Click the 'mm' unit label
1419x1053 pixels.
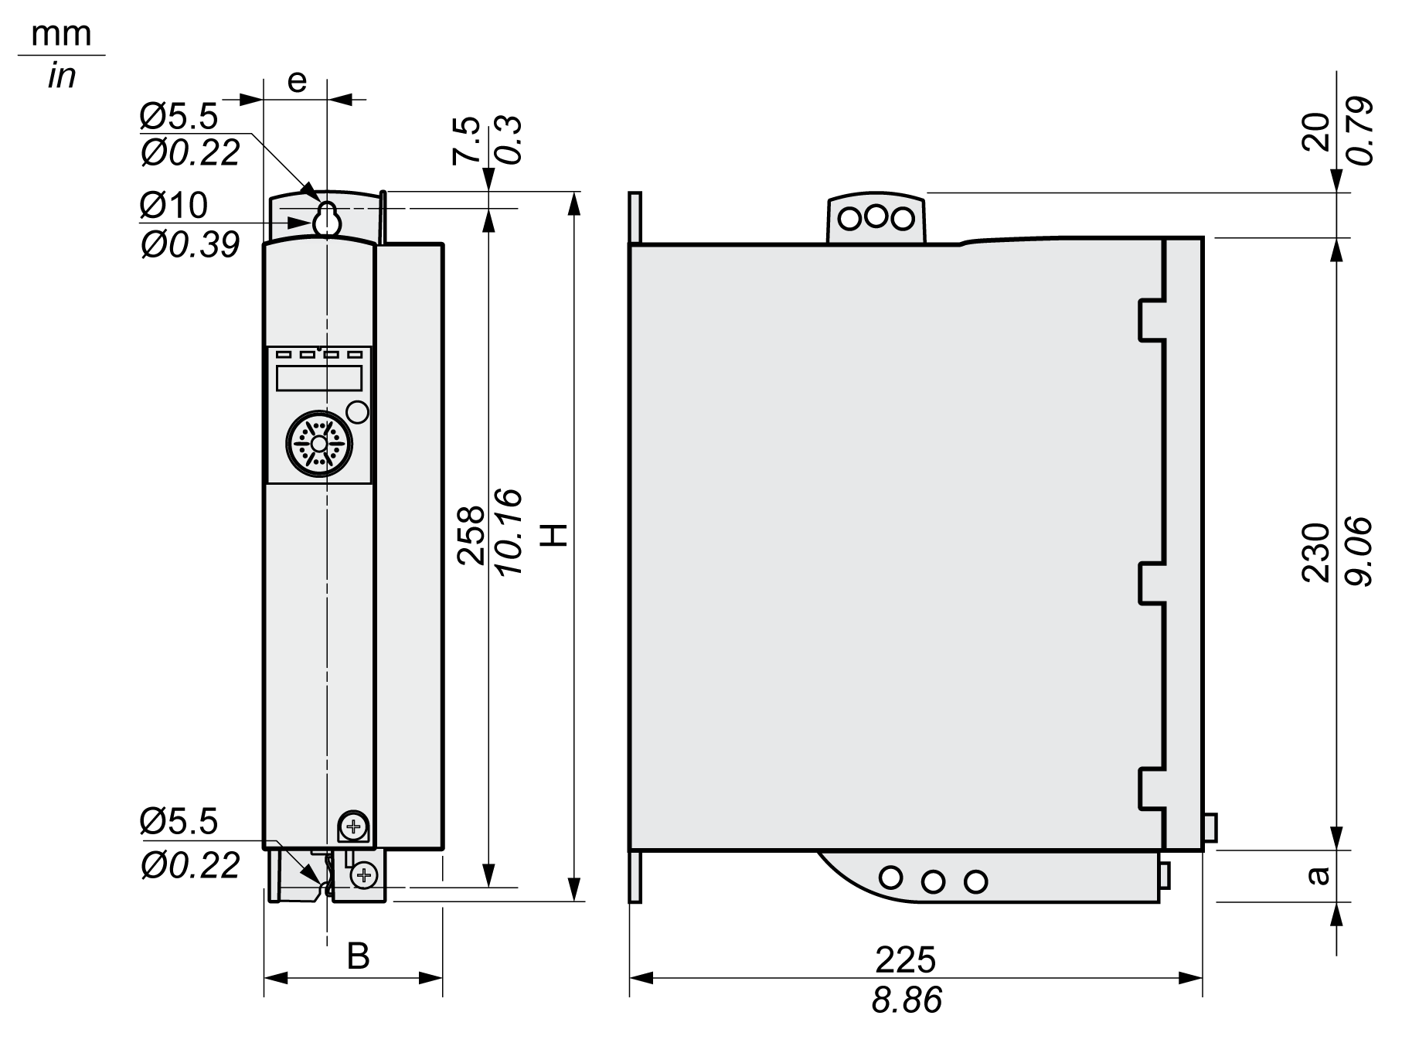pos(62,35)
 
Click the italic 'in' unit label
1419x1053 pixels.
pos(61,77)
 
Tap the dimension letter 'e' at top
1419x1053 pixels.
pos(297,80)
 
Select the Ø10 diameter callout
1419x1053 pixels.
pos(174,206)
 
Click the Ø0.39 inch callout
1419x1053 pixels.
pos(190,245)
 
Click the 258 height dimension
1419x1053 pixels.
pos(471,536)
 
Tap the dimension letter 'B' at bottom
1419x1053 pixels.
pos(358,956)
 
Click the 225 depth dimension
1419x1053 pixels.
pos(905,960)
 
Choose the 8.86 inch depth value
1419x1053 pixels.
pos(906,1001)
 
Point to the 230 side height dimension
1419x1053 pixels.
pos(1316,552)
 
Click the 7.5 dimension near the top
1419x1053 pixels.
pos(466,141)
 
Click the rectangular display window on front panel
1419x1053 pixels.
pos(319,378)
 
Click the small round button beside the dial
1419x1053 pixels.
pos(358,412)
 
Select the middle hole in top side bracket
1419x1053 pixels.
pos(875,216)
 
